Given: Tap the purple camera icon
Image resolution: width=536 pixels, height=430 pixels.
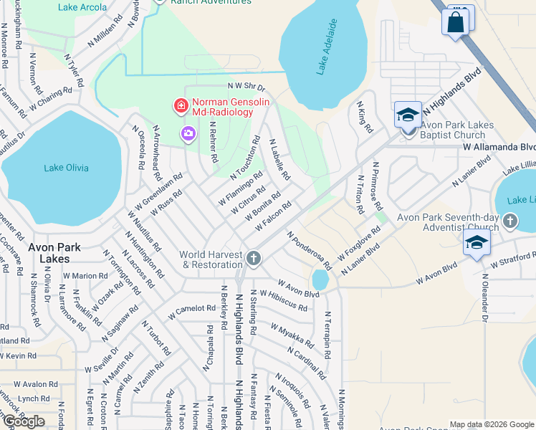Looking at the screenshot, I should point(188,133).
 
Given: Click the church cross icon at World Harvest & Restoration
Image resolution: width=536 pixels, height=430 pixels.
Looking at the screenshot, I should point(253,258).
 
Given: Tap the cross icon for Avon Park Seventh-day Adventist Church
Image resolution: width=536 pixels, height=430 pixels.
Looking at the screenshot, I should point(510,221).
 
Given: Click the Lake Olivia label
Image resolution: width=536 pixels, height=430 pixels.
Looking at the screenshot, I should point(67,168).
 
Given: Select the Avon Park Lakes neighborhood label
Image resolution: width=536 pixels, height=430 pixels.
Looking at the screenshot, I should point(54,252).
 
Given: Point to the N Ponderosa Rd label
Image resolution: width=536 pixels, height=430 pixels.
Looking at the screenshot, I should point(309,251).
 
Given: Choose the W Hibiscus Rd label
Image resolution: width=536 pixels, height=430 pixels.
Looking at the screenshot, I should point(284,300).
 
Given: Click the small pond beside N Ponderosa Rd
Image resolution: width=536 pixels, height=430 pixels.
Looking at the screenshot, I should point(320,278).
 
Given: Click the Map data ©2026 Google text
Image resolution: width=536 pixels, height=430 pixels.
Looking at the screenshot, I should point(492,424).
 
